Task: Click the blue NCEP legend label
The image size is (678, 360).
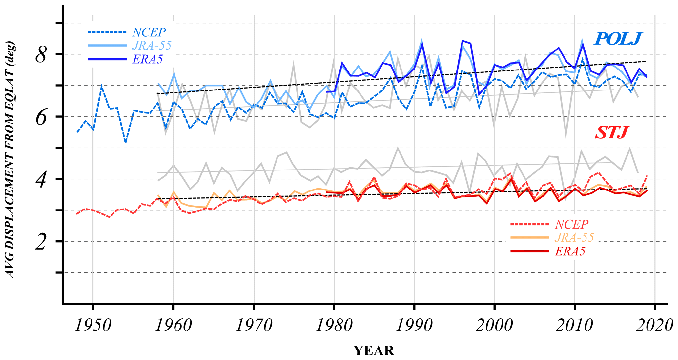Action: point(149,32)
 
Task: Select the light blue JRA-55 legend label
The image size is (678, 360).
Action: point(152,45)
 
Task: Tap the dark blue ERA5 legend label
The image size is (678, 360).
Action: point(148,59)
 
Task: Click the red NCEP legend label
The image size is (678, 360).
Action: point(572,224)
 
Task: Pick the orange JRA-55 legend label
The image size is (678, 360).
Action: point(574,237)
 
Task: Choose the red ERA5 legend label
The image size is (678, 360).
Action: point(570,251)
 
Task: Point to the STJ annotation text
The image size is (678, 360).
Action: point(611,132)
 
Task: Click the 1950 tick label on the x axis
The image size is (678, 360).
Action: point(93,326)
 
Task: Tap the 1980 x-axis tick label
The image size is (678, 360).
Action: point(334,326)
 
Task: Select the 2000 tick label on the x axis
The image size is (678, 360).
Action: point(494,326)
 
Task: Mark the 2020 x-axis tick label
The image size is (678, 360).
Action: point(654,326)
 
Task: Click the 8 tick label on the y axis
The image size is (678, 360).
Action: point(41,55)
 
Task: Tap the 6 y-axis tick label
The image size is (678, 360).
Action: point(41,117)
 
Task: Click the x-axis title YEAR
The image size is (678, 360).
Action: point(374,351)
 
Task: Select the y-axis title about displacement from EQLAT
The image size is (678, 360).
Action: point(10,160)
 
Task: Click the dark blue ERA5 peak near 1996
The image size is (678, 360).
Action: point(462,41)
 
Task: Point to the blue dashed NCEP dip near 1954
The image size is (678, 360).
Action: point(125,142)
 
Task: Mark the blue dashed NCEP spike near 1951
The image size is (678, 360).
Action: point(102,86)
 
